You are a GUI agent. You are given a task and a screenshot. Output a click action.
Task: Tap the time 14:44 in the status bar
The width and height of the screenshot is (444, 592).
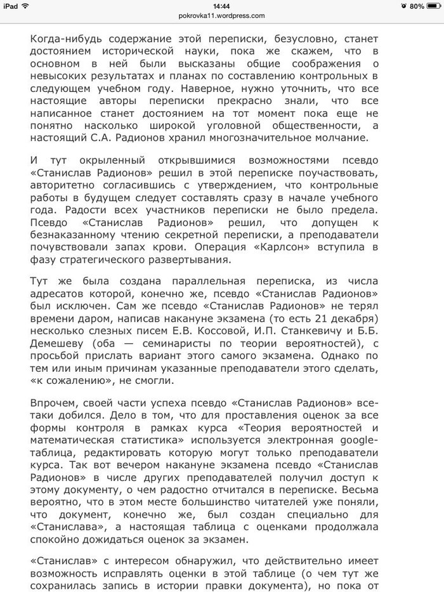[x=221, y=6]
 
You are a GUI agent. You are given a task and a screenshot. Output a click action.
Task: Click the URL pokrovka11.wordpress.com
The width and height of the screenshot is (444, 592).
[x=221, y=16]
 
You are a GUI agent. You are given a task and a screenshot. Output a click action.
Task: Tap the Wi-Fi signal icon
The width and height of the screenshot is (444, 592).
[x=27, y=6]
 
